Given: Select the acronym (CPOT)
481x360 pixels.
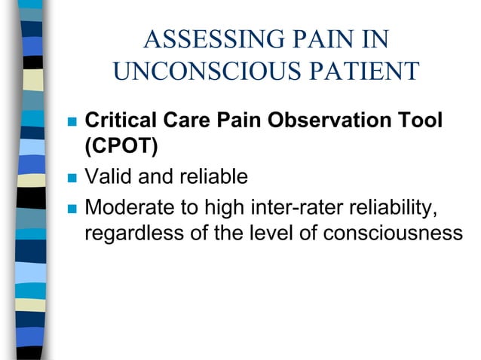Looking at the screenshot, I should pyautogui.click(x=121, y=146).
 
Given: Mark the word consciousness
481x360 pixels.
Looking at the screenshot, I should pyautogui.click(x=393, y=233).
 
